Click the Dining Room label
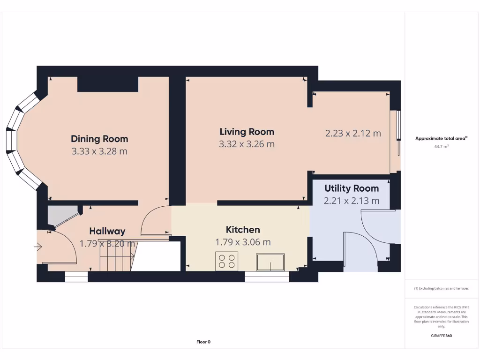(x=99, y=139)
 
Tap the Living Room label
(x=247, y=132)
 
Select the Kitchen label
(x=243, y=230)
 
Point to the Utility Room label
(x=352, y=188)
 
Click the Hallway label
(x=107, y=231)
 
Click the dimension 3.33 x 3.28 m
(x=99, y=151)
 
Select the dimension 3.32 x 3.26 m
(x=247, y=144)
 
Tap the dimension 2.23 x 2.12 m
(x=353, y=134)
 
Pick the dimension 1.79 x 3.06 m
(x=243, y=242)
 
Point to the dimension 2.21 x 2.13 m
(x=352, y=201)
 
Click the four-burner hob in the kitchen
(x=227, y=261)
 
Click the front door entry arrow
(x=37, y=247)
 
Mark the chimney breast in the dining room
(x=108, y=84)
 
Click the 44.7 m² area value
(x=442, y=147)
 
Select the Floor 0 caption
(x=203, y=342)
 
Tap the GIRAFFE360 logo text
(x=441, y=336)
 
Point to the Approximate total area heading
(x=441, y=138)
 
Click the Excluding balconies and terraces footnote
(x=441, y=289)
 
